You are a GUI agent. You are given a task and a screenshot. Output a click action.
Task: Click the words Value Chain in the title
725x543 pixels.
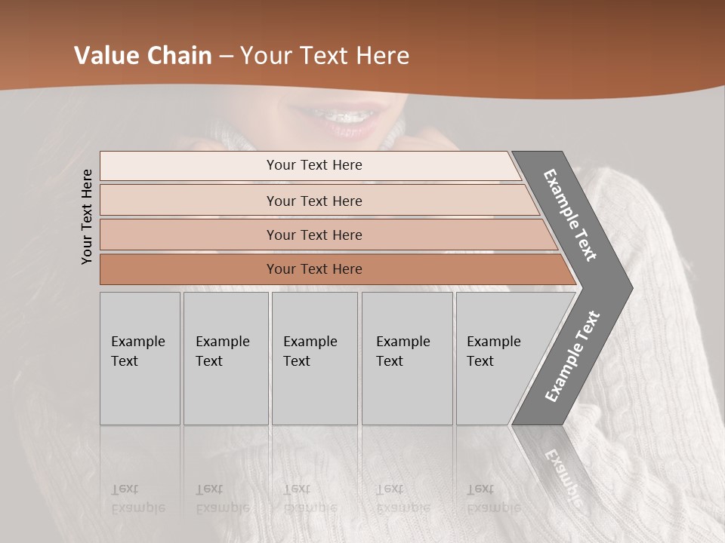[143, 56]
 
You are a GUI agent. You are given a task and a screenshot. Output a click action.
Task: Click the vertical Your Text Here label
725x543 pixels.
[87, 216]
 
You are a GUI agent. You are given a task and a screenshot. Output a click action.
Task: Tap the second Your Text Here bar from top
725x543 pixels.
[314, 201]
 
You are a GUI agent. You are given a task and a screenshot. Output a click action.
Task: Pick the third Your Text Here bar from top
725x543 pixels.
[314, 235]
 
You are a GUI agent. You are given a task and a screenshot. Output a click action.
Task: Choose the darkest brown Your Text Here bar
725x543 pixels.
[314, 269]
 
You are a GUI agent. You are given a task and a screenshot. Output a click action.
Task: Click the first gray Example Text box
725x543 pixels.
[140, 358]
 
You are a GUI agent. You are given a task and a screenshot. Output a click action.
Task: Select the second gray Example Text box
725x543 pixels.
[226, 358]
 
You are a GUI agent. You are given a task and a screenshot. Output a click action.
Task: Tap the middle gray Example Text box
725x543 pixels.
[314, 358]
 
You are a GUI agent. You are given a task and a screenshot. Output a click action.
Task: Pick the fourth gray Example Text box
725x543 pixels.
[407, 358]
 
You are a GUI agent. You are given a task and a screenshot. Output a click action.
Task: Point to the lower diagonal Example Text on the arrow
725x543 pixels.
[572, 356]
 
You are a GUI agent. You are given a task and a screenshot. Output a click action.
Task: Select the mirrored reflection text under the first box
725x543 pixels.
[137, 499]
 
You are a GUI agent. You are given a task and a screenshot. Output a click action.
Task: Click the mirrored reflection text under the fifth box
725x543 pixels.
[493, 499]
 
